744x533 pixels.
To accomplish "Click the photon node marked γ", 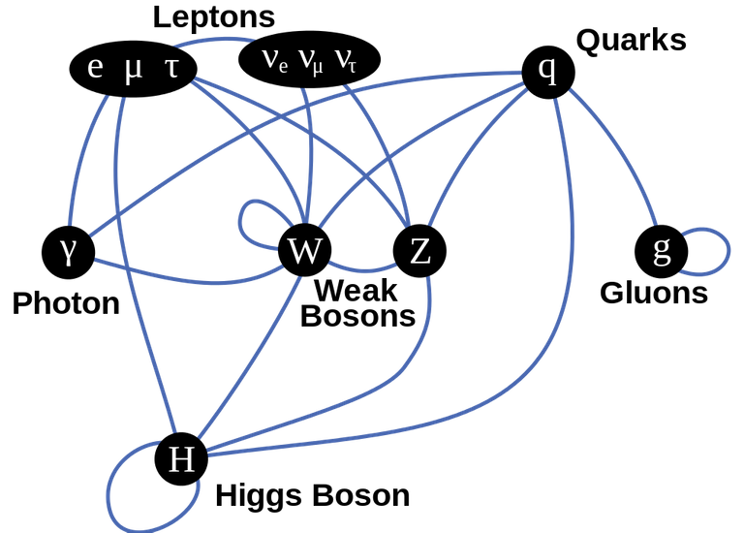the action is [69, 252].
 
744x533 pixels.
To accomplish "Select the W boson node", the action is [304, 250].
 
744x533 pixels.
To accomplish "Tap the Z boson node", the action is [419, 251].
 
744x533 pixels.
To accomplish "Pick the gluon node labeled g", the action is [662, 252].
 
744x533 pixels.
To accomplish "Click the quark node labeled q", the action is [548, 72].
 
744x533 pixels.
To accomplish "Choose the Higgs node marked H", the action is [181, 458].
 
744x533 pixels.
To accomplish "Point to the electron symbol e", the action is [95, 68].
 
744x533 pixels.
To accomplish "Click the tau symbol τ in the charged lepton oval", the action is [171, 68].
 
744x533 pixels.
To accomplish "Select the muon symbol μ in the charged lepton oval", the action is [133, 70].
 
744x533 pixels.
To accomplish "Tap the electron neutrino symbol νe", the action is [275, 61].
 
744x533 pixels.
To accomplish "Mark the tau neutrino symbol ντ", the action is [346, 61].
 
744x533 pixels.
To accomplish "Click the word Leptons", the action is [214, 17].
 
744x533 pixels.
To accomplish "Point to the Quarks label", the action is [631, 41].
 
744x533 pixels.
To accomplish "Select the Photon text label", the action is [66, 303].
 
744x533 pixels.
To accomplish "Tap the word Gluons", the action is [654, 293].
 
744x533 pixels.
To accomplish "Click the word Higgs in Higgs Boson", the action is [260, 496].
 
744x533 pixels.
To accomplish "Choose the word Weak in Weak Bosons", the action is [356, 291].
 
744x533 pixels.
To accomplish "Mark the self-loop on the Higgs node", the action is [108, 493].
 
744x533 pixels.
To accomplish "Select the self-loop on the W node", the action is [240, 222].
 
